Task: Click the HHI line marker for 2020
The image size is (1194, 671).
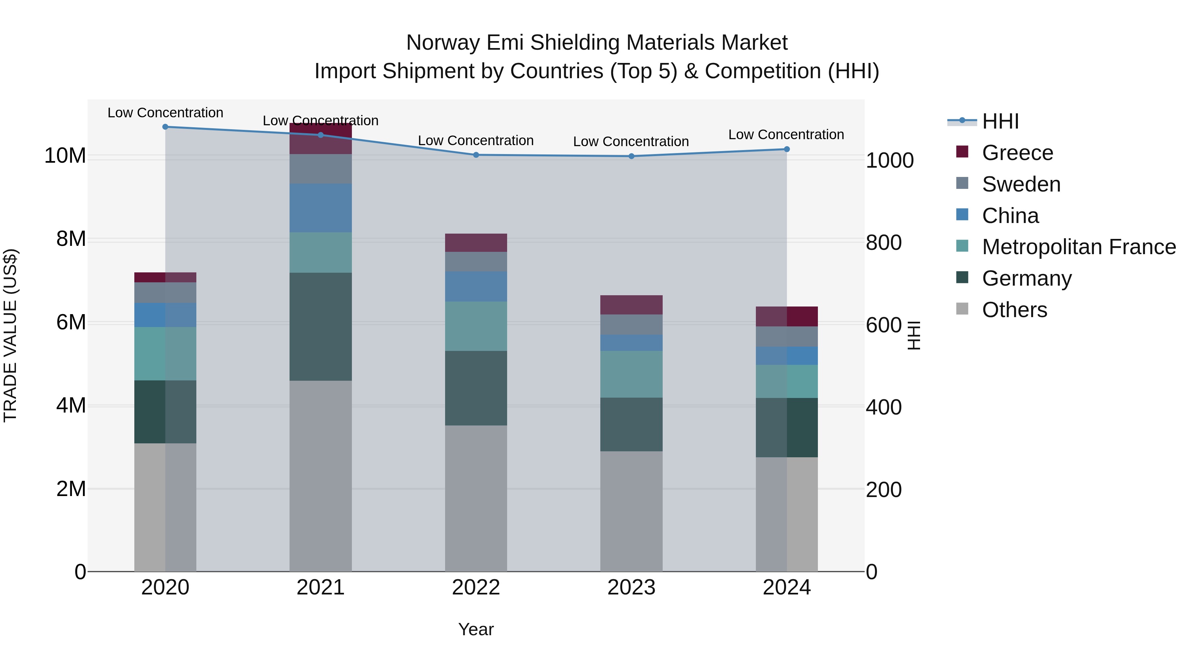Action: (x=165, y=127)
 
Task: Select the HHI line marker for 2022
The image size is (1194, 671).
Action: (x=476, y=155)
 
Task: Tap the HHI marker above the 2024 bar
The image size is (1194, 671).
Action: (x=787, y=149)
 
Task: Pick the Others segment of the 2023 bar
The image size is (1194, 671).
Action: (x=631, y=511)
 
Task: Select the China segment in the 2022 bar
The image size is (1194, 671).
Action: (x=476, y=287)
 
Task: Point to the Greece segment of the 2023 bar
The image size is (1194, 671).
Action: (x=631, y=305)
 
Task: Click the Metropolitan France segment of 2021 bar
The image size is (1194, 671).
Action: (x=320, y=252)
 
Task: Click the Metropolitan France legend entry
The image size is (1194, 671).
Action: (x=1079, y=247)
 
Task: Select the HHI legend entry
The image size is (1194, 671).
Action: (x=1000, y=121)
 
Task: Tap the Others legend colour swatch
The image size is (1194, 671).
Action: (x=962, y=309)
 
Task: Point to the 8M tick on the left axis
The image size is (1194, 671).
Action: (x=71, y=239)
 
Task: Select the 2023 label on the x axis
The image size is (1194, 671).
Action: (x=631, y=587)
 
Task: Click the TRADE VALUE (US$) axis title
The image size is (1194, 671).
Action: (x=10, y=335)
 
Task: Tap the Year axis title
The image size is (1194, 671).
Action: (x=476, y=629)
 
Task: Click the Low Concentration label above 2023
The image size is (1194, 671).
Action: (x=631, y=142)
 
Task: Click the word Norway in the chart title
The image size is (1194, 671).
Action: (x=443, y=43)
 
